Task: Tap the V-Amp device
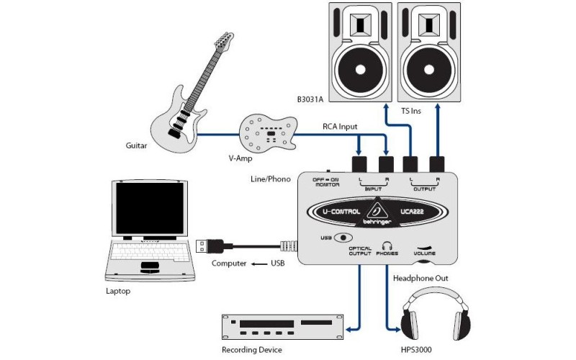[x=267, y=132]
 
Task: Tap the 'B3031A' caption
[x=310, y=99]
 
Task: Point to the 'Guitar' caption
[x=136, y=145]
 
